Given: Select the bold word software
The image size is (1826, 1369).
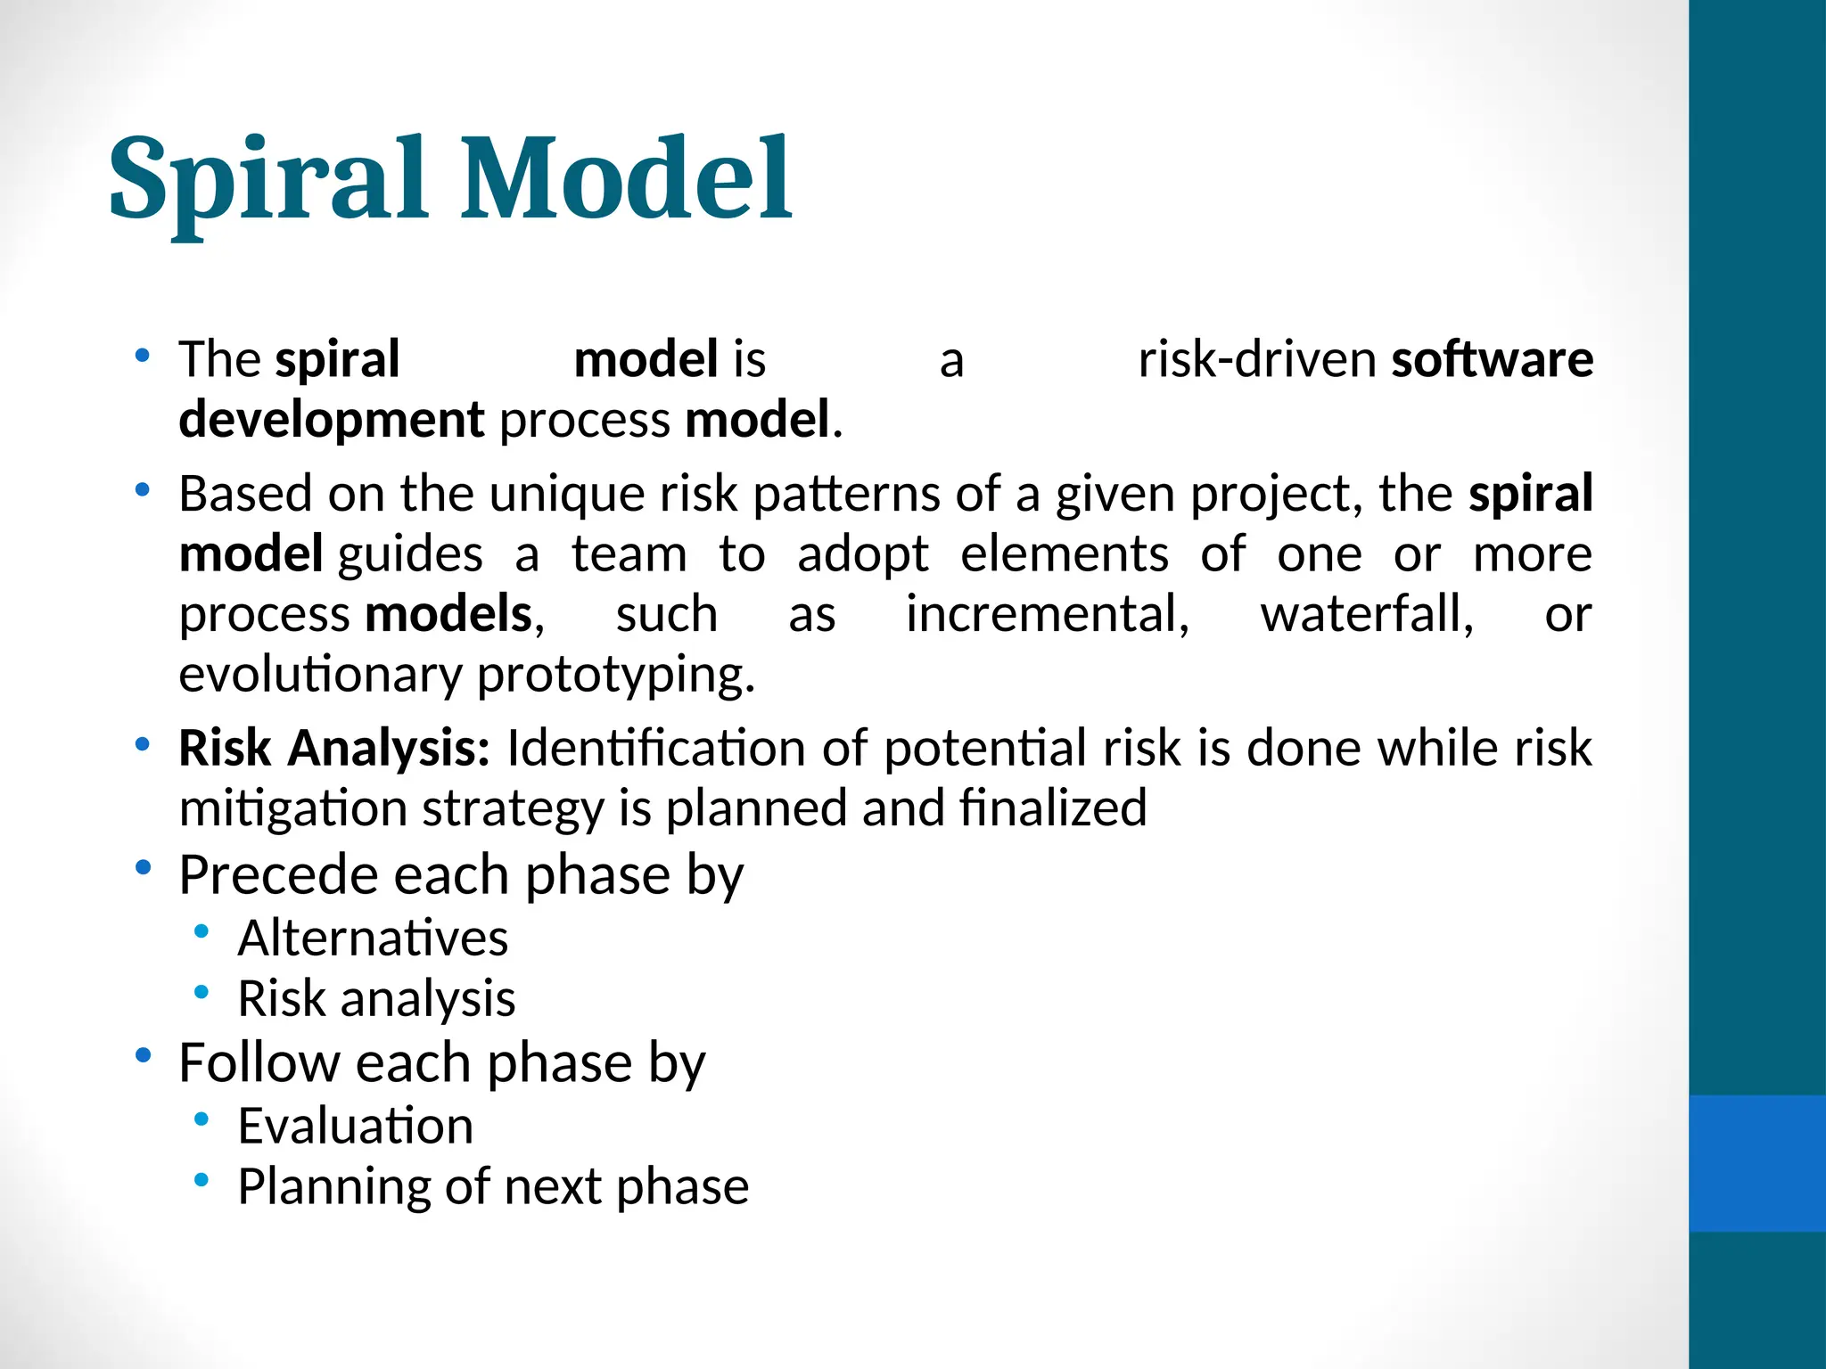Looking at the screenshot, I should point(1492,360).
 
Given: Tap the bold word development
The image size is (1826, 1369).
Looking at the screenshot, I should point(331,421).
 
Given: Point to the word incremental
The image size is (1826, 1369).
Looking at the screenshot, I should point(1047,615).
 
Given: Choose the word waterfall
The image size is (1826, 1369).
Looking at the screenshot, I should point(1366,615).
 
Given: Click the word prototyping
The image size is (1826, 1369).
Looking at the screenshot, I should point(615,676).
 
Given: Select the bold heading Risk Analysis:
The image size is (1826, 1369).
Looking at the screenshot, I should point(334,749).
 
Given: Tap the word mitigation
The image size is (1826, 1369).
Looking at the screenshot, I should point(292,809).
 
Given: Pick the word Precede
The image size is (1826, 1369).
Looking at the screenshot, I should point(279,875).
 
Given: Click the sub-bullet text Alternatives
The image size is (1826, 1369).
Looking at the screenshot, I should point(373,939).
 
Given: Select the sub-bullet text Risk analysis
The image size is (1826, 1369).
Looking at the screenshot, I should point(376,999).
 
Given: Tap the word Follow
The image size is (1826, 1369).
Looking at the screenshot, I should point(259,1063).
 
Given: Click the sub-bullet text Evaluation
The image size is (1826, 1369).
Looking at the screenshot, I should point(355,1127).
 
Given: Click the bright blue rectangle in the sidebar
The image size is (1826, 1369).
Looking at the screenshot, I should point(1756,1163).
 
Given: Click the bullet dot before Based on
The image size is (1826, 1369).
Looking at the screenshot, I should point(142,490).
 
